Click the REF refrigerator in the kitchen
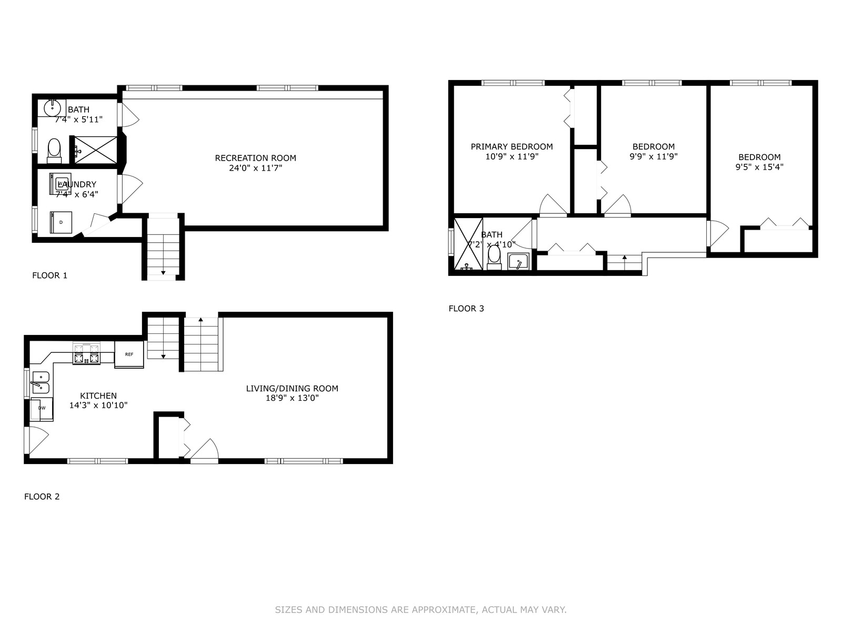tap(129, 354)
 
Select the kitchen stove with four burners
tap(86, 354)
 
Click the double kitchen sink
tap(41, 382)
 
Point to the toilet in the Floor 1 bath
tap(54, 151)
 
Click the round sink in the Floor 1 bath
tap(52, 108)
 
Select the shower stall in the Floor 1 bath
tap(96, 150)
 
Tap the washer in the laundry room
tap(60, 184)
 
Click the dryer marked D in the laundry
tap(61, 222)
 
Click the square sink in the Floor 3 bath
tap(518, 262)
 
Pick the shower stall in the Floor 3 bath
tap(468, 244)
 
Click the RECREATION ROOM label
tap(255, 157)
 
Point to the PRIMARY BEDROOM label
tap(512, 146)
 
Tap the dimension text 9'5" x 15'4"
tap(759, 167)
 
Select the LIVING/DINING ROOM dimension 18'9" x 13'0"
tap(292, 398)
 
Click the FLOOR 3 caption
tap(466, 308)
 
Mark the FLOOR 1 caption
tap(49, 275)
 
